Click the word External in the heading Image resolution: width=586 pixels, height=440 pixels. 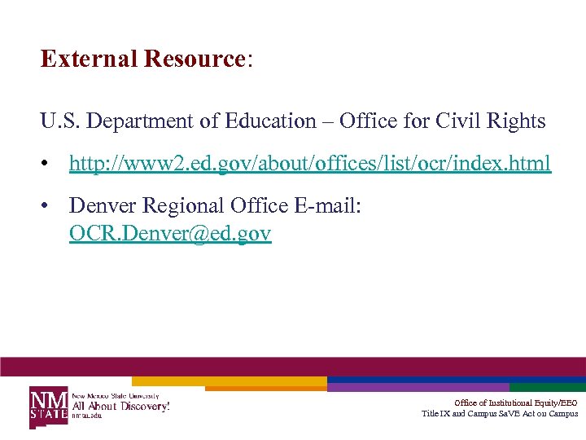click(89, 59)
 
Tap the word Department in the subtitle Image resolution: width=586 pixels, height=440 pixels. click(149, 121)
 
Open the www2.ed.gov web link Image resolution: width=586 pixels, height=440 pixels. click(309, 164)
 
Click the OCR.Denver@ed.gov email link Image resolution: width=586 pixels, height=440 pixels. click(170, 235)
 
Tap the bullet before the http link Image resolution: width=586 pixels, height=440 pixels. click(50, 165)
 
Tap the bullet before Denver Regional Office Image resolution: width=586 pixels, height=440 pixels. click(50, 207)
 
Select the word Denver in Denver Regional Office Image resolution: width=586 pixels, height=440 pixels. click(99, 206)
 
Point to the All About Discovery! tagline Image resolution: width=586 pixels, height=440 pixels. click(121, 405)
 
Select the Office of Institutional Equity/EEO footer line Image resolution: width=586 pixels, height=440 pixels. click(515, 403)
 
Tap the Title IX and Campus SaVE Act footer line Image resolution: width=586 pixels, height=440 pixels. click(499, 413)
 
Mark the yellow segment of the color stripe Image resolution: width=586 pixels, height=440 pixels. click(228, 381)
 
